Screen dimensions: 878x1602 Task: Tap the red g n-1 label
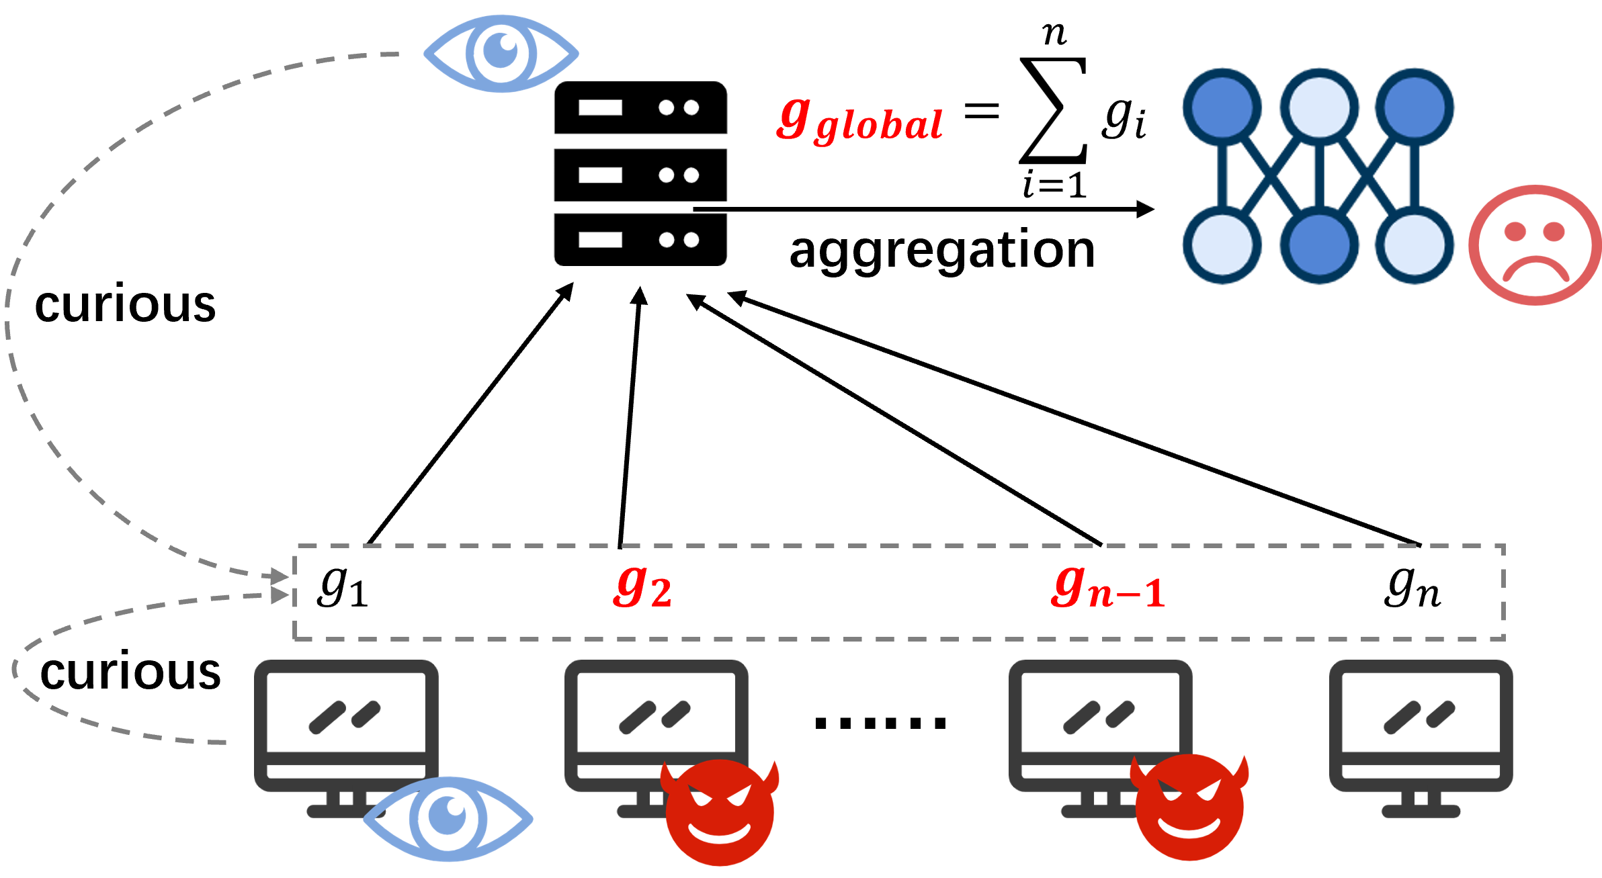[x=1108, y=588]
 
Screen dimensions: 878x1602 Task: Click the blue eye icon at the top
[x=501, y=54]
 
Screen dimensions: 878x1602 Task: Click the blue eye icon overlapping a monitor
[x=448, y=819]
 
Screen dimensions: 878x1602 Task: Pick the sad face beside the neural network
[x=1535, y=245]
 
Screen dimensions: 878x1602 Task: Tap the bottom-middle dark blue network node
[x=1318, y=245]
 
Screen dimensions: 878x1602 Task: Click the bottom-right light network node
[x=1415, y=245]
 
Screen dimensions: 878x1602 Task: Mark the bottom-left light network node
[x=1222, y=245]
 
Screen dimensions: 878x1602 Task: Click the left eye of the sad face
[x=1515, y=232]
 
